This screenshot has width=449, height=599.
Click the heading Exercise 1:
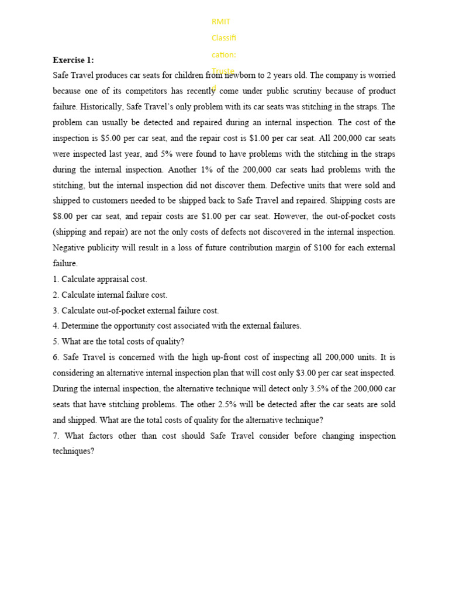click(73, 60)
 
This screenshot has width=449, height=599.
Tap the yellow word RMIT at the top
click(221, 22)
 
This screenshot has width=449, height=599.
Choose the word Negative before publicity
click(70, 248)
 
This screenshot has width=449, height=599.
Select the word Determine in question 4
click(82, 326)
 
